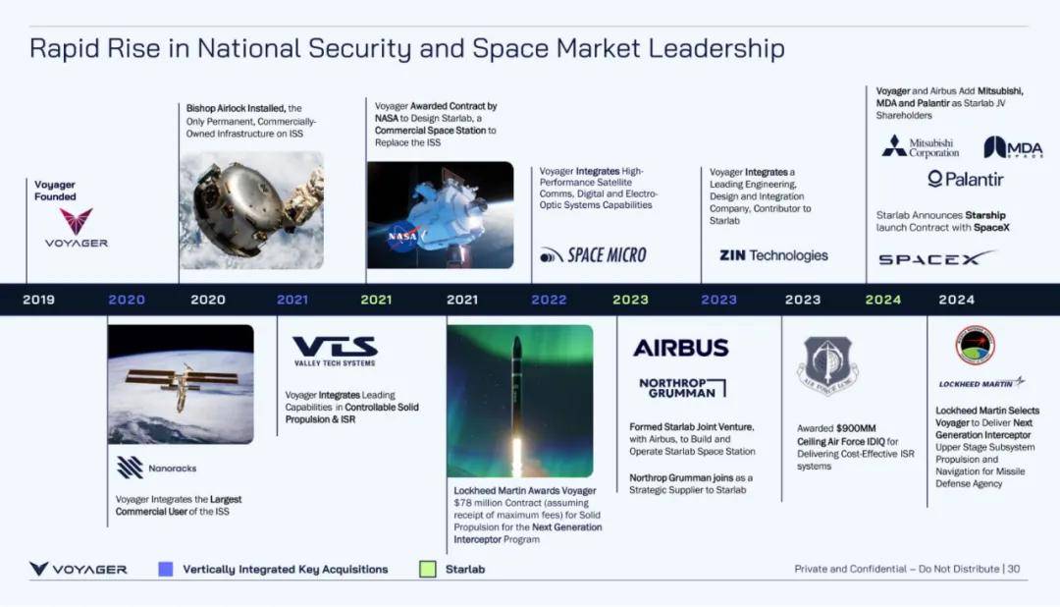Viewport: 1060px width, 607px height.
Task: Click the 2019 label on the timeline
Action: click(38, 300)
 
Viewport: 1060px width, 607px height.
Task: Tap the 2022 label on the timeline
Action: click(549, 300)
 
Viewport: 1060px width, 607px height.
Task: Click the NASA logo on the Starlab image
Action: click(403, 236)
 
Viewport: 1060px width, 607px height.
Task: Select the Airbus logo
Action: click(681, 348)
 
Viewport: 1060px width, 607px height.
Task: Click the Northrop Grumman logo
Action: click(682, 388)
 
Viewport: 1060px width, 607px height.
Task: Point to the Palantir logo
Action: click(966, 180)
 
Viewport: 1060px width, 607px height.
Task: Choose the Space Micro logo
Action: click(593, 255)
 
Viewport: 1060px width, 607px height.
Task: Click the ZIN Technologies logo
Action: click(773, 255)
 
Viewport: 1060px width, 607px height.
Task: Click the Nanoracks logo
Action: click(156, 468)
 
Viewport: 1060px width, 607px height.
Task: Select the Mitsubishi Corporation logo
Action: click(920, 147)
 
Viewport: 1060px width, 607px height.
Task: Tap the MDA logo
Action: click(1013, 147)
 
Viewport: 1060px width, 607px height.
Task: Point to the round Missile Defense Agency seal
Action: click(975, 345)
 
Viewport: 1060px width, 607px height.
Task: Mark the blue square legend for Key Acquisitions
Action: click(166, 569)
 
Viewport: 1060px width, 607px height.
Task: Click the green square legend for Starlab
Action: click(427, 569)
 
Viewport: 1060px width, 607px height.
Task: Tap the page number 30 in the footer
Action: click(1013, 569)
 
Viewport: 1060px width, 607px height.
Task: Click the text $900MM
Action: click(856, 428)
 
